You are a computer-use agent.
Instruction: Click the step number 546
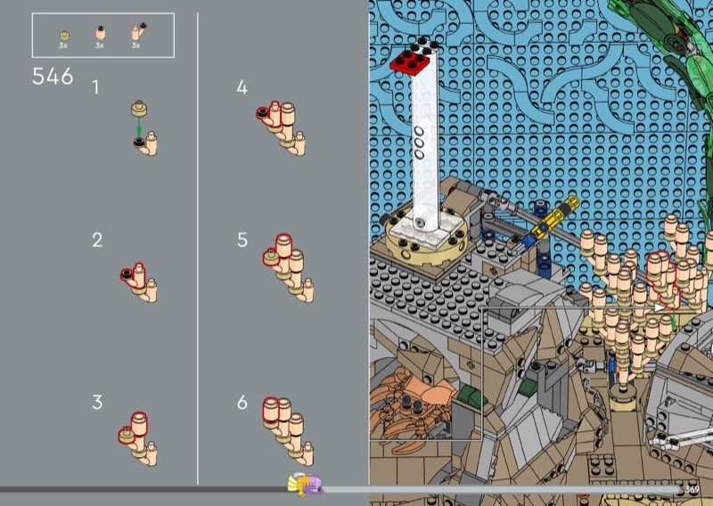[x=53, y=77]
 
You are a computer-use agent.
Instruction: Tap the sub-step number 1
[x=95, y=87]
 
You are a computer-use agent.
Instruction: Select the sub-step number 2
[x=97, y=240]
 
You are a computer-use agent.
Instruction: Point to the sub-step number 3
[x=97, y=403]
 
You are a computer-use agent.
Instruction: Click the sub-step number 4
[x=242, y=87]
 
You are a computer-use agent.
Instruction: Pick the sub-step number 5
[x=242, y=240]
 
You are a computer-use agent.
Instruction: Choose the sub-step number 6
[x=242, y=403]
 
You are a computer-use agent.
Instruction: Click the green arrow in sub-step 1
[x=139, y=126]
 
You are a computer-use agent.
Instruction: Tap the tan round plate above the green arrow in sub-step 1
[x=139, y=109]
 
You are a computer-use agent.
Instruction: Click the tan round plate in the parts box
[x=64, y=36]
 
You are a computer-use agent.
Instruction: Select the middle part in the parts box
[x=100, y=34]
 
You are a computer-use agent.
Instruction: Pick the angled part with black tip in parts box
[x=138, y=31]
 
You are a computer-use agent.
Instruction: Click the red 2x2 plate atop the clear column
[x=411, y=61]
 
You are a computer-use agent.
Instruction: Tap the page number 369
[x=692, y=490]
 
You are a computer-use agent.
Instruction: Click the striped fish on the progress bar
[x=305, y=484]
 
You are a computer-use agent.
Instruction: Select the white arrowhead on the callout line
[x=660, y=307]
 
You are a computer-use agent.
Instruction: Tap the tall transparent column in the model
[x=425, y=145]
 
